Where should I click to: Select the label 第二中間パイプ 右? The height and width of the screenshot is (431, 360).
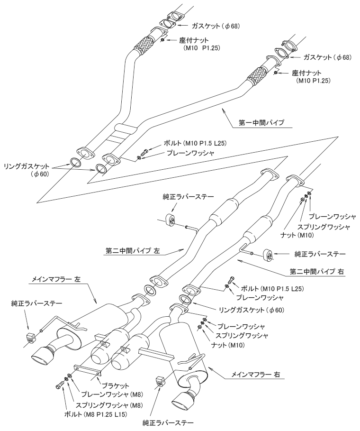315,272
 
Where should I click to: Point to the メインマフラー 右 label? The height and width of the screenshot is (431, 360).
255,375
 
